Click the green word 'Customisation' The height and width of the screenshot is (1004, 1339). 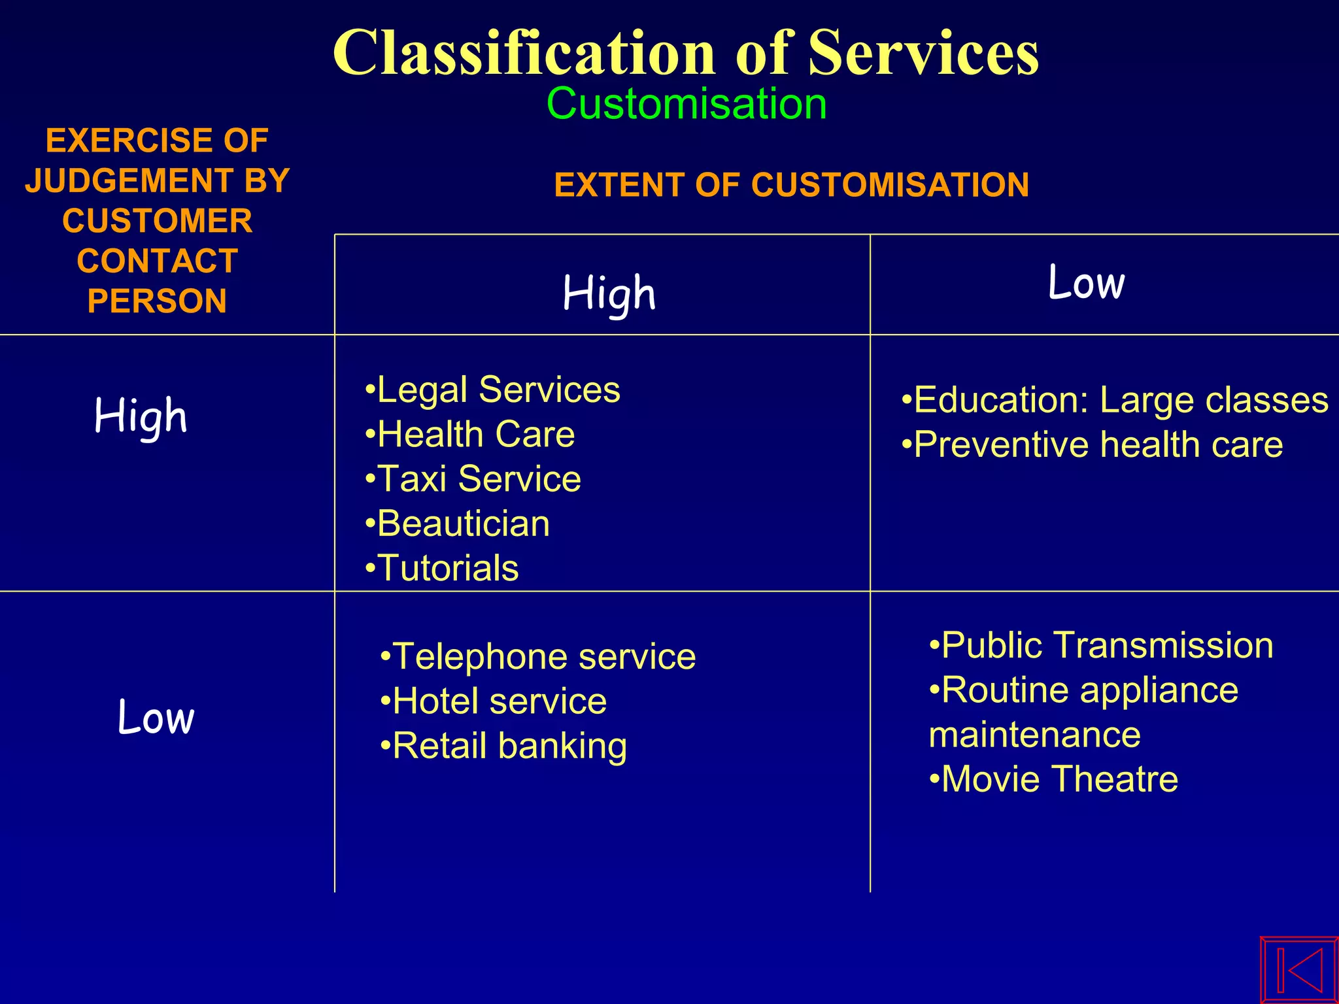pyautogui.click(x=686, y=104)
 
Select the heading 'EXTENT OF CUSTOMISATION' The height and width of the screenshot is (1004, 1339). pyautogui.click(x=791, y=185)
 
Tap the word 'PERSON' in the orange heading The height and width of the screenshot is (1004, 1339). pyautogui.click(x=157, y=301)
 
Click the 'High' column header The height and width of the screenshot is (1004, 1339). pyautogui.click(x=609, y=293)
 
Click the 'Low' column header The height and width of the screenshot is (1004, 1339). pyautogui.click(x=1086, y=283)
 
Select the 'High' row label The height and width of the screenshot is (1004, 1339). pyautogui.click(x=141, y=416)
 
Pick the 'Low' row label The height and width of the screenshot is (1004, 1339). pyautogui.click(x=156, y=716)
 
